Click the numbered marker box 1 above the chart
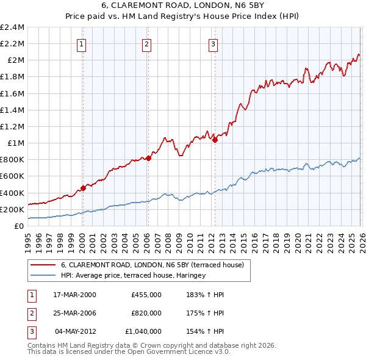tap(82, 43)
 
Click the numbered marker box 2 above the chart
tap(147, 43)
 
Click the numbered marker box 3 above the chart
tap(213, 43)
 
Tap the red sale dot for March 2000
tap(84, 188)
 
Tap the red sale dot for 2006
tap(148, 158)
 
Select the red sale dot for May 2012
tap(215, 140)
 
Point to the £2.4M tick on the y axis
tap(12, 27)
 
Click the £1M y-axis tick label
tap(15, 143)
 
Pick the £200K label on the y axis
tap(12, 209)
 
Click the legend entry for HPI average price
tap(133, 276)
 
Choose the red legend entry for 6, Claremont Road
tap(152, 265)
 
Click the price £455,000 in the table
tap(146, 295)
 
